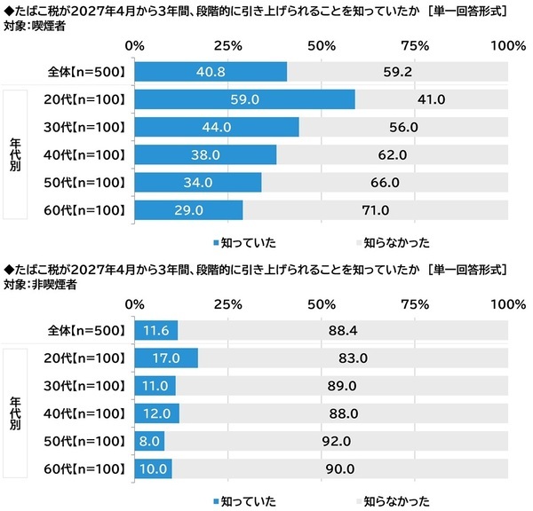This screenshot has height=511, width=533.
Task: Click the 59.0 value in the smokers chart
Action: (x=244, y=99)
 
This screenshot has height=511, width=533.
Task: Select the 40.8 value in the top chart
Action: (x=211, y=71)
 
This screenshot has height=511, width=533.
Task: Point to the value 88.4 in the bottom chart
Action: (x=343, y=330)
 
